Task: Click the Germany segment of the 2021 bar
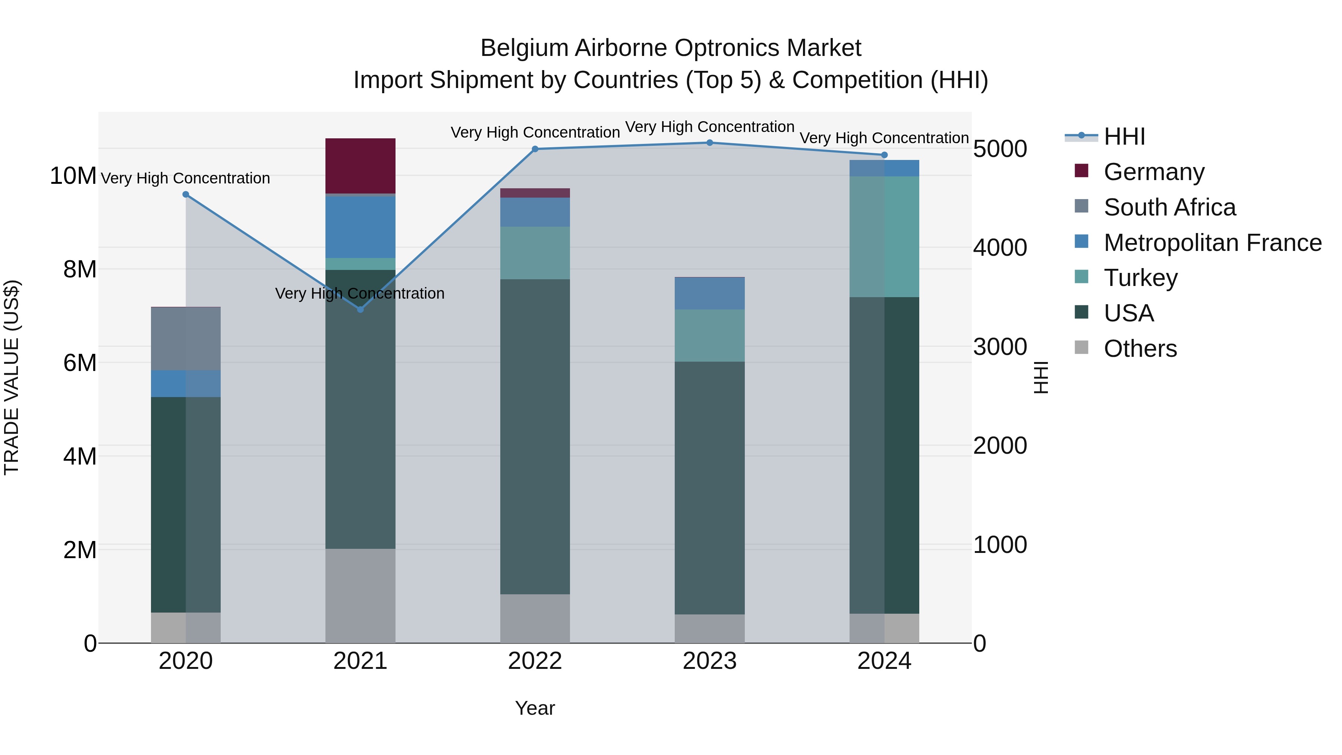360,166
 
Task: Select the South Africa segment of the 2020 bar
186,339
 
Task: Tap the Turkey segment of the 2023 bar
709,336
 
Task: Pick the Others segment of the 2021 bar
360,595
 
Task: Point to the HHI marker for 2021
360,309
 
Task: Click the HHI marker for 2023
709,143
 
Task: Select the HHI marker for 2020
186,194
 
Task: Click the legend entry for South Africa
1169,207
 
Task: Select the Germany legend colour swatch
1081,171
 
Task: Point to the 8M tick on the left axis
80,270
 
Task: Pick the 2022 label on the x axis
535,661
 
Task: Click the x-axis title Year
535,708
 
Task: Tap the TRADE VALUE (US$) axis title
12,377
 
